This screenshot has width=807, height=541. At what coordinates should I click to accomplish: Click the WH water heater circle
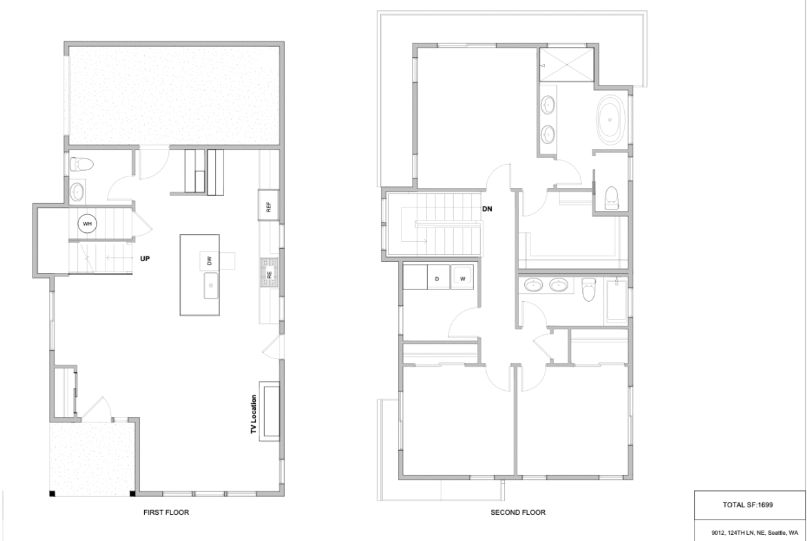tap(87, 224)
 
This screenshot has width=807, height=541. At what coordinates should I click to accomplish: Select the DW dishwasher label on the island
tap(210, 261)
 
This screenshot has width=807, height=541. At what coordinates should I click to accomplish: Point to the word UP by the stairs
tap(145, 258)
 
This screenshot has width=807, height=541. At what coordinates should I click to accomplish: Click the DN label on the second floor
tap(488, 209)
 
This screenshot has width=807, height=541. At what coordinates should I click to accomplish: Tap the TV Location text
tap(254, 414)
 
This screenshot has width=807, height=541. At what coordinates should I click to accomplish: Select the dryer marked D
tap(437, 278)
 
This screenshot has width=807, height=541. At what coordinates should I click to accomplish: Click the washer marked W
tap(462, 278)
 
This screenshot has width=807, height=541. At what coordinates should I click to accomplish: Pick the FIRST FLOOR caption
tap(166, 512)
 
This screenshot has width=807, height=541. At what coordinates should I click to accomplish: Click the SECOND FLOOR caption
tap(518, 512)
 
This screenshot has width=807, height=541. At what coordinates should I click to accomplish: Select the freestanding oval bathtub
tap(610, 120)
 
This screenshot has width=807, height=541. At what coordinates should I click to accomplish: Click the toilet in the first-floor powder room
tap(81, 164)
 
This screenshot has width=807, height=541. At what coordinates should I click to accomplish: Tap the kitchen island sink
tap(211, 285)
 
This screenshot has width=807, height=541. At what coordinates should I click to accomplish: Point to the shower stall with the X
tap(567, 65)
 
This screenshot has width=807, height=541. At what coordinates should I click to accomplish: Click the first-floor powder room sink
tap(77, 192)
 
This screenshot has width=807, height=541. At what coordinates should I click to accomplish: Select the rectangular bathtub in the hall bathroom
tap(616, 301)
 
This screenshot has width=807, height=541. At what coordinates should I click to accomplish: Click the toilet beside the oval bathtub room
tap(611, 198)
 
